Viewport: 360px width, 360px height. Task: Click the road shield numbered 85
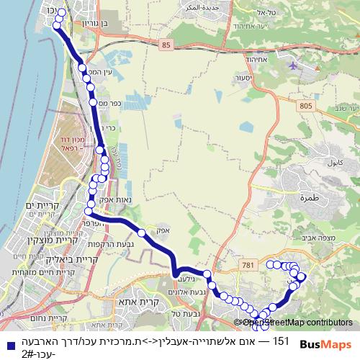[x=167, y=45]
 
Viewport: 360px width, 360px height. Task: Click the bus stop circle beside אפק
[x=142, y=233]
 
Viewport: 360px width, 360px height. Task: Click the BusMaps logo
[x=320, y=344]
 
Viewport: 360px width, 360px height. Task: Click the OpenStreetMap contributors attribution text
[x=295, y=323]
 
